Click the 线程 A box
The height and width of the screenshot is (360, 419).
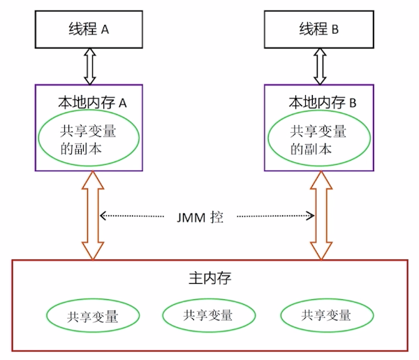coord(88,30)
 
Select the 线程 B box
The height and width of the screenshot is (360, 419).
coord(318,30)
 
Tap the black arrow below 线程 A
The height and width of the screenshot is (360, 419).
coord(89,66)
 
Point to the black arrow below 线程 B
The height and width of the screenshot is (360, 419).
coord(319,66)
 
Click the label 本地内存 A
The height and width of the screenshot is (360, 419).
coord(91,102)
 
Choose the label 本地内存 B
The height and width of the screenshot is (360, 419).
coord(322,102)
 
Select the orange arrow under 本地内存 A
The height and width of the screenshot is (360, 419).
coord(93,215)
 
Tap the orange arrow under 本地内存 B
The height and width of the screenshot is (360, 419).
coord(322,215)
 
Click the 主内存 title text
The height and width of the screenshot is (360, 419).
coord(209,278)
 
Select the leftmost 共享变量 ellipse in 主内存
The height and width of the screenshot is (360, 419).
coord(94,316)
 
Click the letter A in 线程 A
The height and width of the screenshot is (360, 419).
coord(106,31)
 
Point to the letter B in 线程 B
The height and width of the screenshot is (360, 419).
coord(337,31)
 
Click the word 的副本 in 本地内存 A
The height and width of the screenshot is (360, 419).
coord(78,149)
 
